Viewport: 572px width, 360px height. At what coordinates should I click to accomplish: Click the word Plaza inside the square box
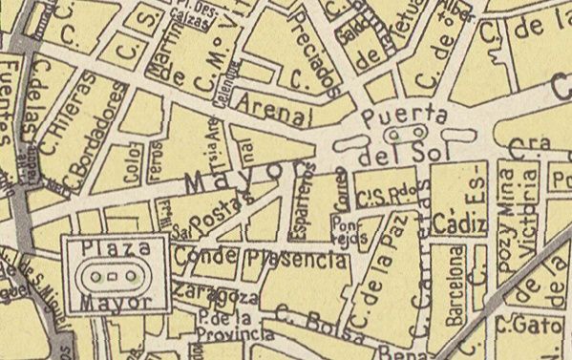coord(116,248)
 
